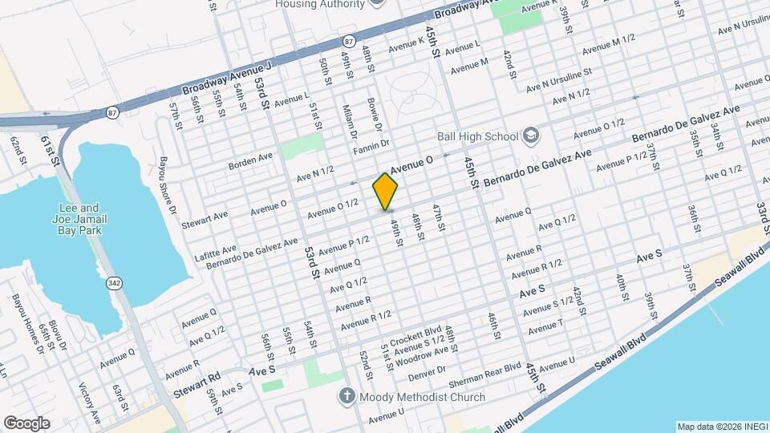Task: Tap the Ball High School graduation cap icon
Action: tap(530, 136)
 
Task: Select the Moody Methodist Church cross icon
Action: tap(346, 397)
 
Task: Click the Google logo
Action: tap(26, 423)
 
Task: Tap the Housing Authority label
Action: tap(321, 4)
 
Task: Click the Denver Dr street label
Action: tap(426, 373)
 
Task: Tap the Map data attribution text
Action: tap(720, 426)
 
